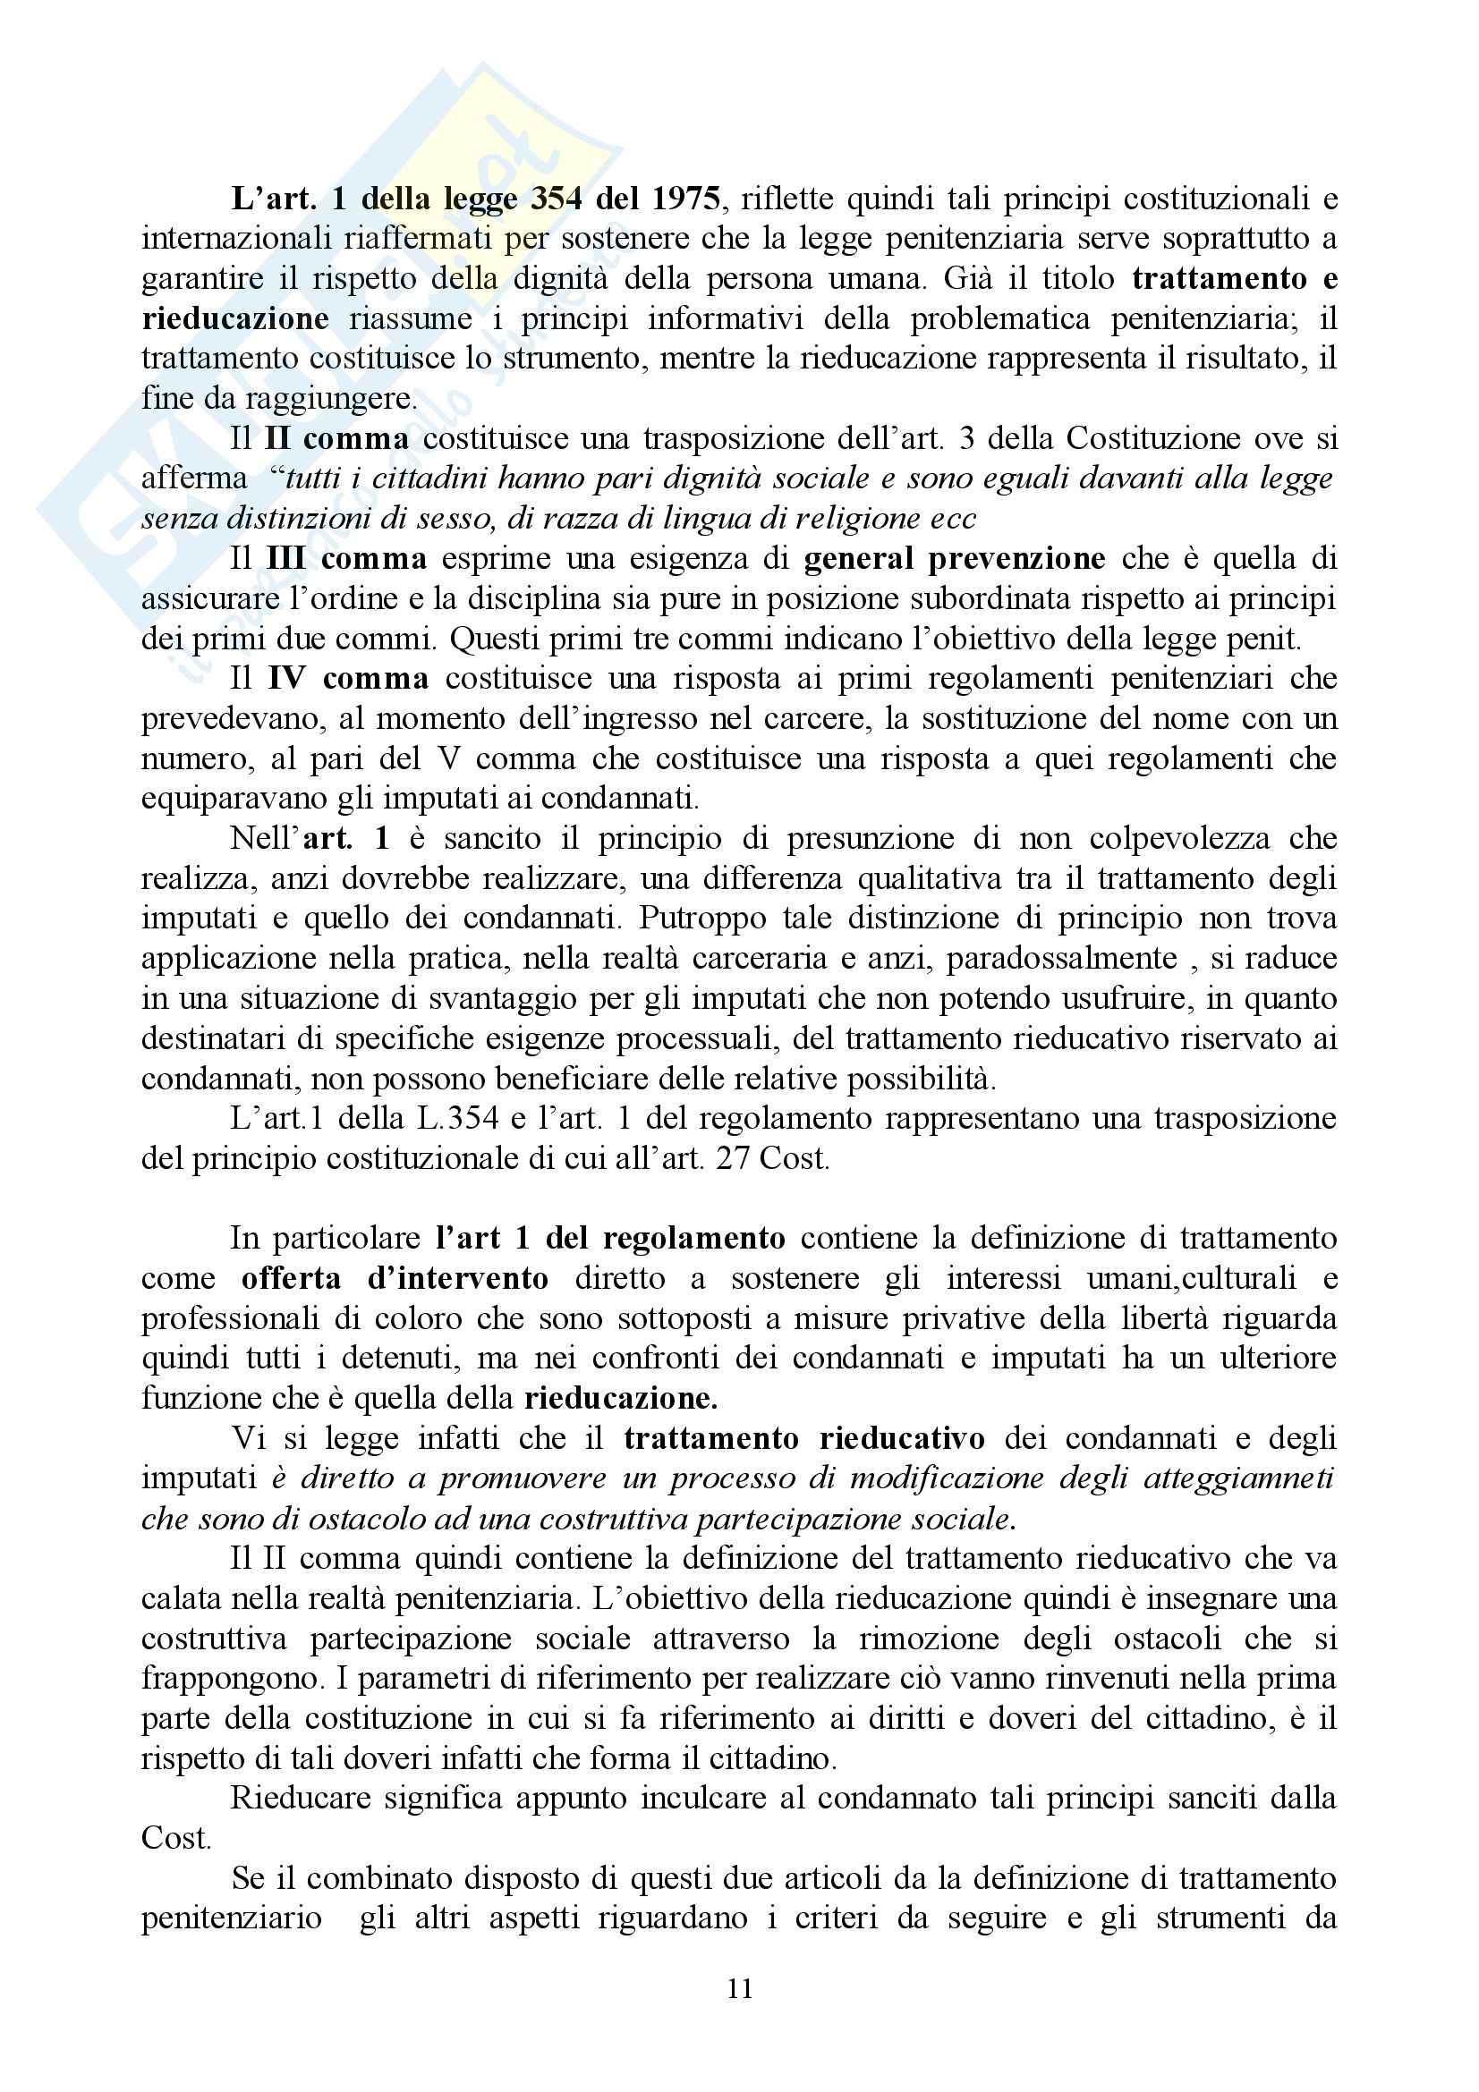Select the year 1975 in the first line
pyautogui.click(x=686, y=199)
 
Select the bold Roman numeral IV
pyautogui.click(x=289, y=679)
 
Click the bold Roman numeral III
pyautogui.click(x=285, y=558)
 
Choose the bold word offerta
pyautogui.click(x=292, y=1278)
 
